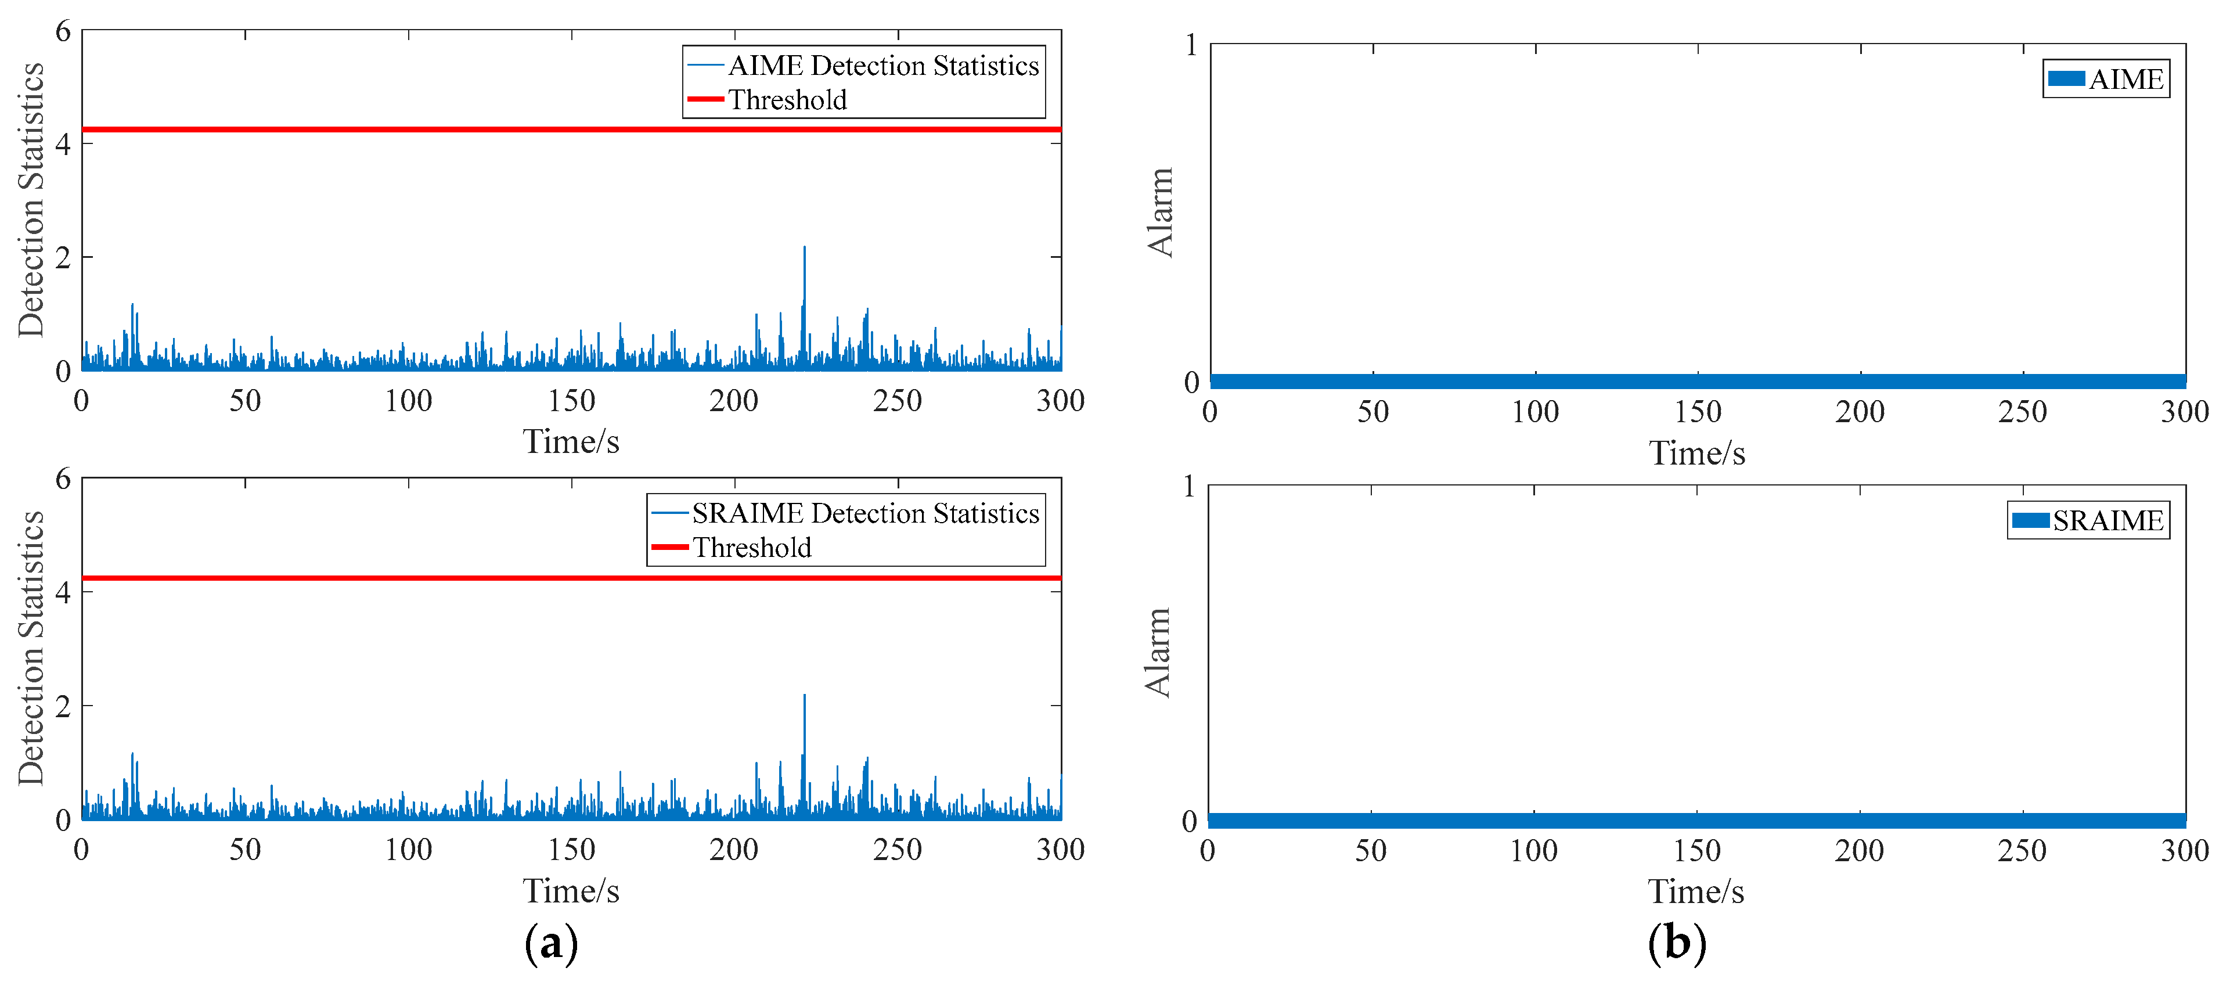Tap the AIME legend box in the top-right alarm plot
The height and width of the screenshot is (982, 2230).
coord(2105,80)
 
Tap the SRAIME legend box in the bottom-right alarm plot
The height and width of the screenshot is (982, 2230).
coord(2087,520)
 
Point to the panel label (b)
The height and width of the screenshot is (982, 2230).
coord(1676,942)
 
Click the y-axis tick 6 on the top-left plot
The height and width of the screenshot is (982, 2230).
coord(62,32)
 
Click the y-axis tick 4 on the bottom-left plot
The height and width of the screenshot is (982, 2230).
coord(62,593)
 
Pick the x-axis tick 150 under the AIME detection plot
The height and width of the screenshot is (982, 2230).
coord(571,401)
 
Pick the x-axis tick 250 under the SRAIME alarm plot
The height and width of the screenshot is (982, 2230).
coord(2022,850)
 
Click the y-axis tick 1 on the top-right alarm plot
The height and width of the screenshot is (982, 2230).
coord(1191,45)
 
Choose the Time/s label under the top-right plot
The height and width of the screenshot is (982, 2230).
coord(1696,454)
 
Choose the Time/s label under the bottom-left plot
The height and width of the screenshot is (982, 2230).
coord(571,891)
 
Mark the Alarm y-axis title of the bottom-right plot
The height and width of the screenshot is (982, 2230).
coord(1158,653)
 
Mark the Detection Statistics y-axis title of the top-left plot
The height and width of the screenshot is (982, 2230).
coord(31,200)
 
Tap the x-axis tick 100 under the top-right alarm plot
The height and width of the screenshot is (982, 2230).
coord(1535,411)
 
